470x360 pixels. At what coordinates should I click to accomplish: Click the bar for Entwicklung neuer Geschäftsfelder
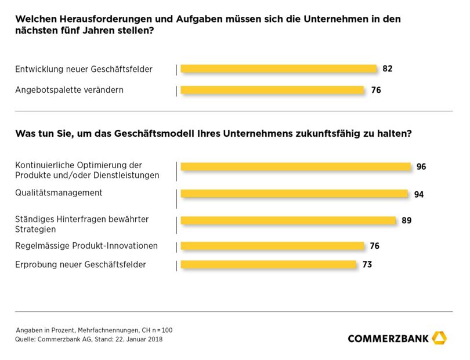(279, 68)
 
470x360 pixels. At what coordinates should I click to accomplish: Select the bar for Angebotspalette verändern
(272, 90)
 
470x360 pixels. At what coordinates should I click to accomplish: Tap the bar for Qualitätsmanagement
(294, 194)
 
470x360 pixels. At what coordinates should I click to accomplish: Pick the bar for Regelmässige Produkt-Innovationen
(272, 246)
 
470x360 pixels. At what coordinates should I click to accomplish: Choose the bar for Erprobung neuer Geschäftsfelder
(268, 264)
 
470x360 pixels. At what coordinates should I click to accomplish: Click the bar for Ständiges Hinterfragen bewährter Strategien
(288, 220)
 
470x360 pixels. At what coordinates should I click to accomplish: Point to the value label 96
(421, 167)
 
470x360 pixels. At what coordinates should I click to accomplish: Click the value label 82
(388, 68)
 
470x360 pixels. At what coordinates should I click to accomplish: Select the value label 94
(419, 194)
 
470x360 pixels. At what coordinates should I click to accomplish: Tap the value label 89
(406, 220)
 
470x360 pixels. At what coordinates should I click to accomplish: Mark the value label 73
(367, 265)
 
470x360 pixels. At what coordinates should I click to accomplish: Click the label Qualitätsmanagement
(59, 192)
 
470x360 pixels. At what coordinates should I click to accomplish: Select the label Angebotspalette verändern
(69, 90)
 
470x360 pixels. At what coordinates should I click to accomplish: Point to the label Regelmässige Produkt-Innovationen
(86, 246)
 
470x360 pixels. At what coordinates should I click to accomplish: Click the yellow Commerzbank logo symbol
(440, 337)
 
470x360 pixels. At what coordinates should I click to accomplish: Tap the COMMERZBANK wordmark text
(388, 339)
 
